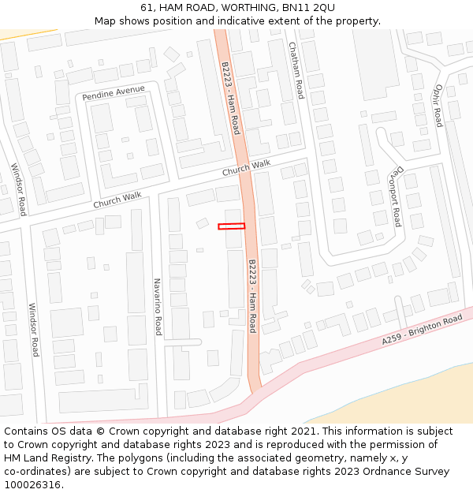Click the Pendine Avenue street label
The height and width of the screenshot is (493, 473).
(x=114, y=92)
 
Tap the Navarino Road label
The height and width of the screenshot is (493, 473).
(x=157, y=306)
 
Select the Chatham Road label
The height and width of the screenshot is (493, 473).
(x=296, y=70)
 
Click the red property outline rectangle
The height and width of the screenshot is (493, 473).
(x=232, y=226)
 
